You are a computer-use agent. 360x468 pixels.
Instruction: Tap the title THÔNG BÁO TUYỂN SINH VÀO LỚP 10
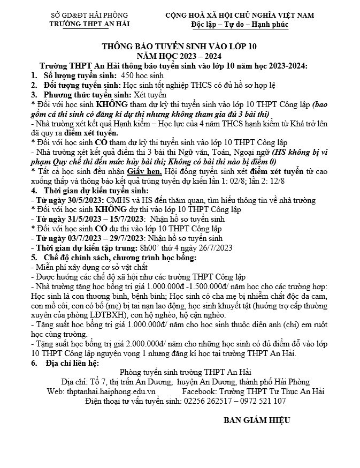tap(180, 47)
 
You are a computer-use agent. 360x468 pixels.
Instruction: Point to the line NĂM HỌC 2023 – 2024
tap(180, 56)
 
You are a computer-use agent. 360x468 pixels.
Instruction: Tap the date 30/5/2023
tap(77, 200)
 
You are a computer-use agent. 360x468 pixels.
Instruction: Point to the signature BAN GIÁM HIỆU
tap(257, 420)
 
